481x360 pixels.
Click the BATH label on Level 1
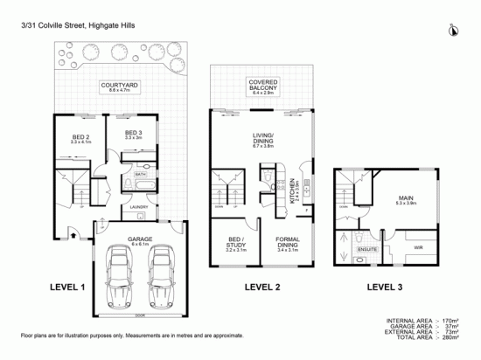140,174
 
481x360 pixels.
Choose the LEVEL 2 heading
262,287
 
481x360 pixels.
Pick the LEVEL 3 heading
386,287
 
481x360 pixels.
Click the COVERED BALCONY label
261,85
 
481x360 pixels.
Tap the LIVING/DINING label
262,137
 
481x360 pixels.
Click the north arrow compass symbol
451,31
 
